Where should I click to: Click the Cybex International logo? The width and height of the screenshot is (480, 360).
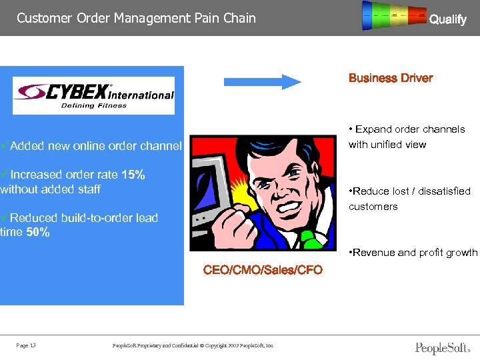[x=93, y=95]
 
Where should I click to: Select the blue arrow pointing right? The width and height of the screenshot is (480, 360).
[x=263, y=81]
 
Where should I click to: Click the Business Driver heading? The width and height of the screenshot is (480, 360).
[x=391, y=78]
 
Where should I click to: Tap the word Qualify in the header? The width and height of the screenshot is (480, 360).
[x=447, y=19]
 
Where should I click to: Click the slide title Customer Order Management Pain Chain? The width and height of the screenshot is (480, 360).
[x=136, y=18]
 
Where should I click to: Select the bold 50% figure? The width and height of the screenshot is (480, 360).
[x=37, y=233]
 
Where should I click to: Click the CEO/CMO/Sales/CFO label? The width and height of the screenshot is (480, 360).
[x=263, y=270]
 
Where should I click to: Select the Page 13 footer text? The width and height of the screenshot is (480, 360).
[x=26, y=345]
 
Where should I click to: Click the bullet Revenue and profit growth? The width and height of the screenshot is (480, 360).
[x=414, y=253]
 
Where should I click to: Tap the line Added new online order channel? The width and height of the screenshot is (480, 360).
[x=91, y=145]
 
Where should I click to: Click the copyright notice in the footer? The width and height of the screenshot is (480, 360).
[x=193, y=345]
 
